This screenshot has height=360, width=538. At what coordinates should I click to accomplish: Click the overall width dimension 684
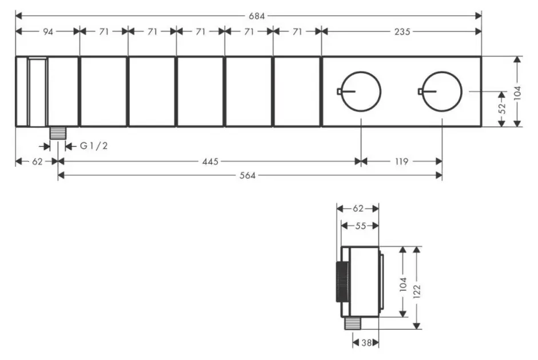tap(257, 16)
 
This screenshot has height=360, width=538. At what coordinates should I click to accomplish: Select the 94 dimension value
tap(48, 31)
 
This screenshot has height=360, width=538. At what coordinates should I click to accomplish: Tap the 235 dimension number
tap(402, 31)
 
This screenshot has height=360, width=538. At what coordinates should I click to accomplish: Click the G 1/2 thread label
tap(94, 146)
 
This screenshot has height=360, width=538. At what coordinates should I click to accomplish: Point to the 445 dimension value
tap(210, 161)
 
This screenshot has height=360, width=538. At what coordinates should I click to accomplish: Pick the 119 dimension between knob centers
tap(401, 161)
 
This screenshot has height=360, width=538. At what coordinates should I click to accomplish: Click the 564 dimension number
tap(248, 175)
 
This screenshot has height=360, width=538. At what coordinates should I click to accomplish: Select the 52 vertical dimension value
tap(501, 109)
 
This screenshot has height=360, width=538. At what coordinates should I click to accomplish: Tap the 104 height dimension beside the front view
tap(517, 93)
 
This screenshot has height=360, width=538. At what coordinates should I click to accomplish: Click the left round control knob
tap(361, 91)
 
